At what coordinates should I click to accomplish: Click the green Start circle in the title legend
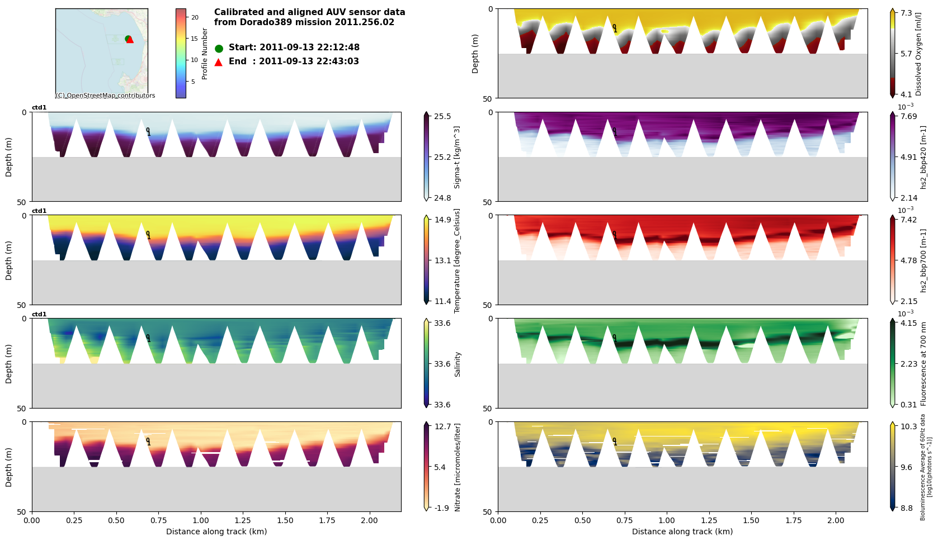click(219, 49)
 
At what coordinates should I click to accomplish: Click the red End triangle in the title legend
click(219, 62)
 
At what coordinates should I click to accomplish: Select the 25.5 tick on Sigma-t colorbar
click(442, 116)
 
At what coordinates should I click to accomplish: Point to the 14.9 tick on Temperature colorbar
click(442, 220)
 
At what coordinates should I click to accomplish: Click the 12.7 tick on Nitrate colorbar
click(442, 426)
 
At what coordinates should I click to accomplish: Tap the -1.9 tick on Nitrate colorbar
click(441, 508)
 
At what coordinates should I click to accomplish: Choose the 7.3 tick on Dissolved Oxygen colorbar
click(906, 13)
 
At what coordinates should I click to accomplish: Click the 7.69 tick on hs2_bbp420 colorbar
click(909, 116)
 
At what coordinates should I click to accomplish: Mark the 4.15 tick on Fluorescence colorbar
click(909, 323)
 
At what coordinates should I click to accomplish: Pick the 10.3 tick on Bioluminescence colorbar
click(909, 426)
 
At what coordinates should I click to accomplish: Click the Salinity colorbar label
click(458, 364)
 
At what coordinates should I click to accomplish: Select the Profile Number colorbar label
click(205, 54)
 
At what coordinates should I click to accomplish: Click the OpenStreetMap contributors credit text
click(106, 96)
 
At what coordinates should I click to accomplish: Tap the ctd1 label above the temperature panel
click(39, 211)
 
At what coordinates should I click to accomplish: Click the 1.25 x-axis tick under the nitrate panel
click(242, 520)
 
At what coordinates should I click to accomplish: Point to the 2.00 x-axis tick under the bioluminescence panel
click(836, 520)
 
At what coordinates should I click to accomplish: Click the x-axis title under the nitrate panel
click(216, 531)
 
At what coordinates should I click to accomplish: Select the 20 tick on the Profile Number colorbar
click(195, 17)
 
